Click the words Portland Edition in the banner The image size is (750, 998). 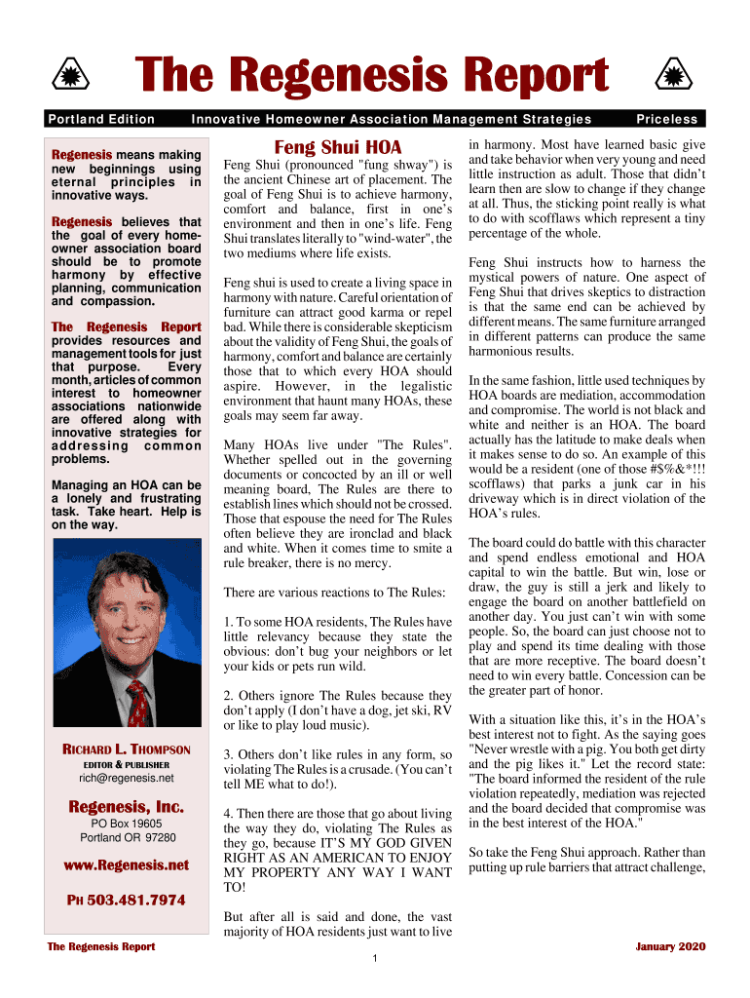click(x=101, y=119)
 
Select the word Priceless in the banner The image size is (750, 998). click(x=667, y=119)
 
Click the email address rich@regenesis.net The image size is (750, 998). click(x=127, y=778)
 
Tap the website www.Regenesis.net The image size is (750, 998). click(x=127, y=864)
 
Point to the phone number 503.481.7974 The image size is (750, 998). click(x=135, y=900)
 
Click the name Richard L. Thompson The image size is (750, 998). click(x=127, y=749)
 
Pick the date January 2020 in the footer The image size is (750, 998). click(x=670, y=946)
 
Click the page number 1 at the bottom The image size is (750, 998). click(x=375, y=959)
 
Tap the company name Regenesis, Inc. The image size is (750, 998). click(x=127, y=807)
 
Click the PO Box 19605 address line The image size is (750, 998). click(x=127, y=824)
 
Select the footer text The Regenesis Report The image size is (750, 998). click(x=100, y=946)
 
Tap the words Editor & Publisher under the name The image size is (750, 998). click(x=127, y=764)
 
